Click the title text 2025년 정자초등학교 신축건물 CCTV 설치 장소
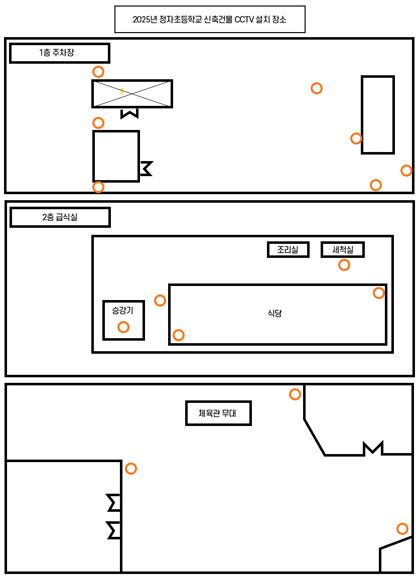coord(210,20)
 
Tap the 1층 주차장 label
coord(59,53)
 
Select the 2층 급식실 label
coord(60,217)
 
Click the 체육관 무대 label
coord(218,414)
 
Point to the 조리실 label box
coord(288,249)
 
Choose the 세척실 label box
coord(342,249)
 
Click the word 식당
coord(274,314)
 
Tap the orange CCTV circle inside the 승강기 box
coord(123,327)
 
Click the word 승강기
coord(122,311)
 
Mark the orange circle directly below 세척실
coord(344,265)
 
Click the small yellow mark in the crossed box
coord(122,91)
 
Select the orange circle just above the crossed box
coord(98,71)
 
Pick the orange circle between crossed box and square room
coord(98,122)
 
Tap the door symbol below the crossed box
coord(129,113)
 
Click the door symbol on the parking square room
coord(146,168)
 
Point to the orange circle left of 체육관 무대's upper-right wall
coord(295,394)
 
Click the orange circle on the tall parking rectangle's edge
coord(356,138)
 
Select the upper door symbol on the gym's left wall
coord(114,502)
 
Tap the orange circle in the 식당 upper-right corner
coord(378,293)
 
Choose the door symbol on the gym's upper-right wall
coord(373,448)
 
